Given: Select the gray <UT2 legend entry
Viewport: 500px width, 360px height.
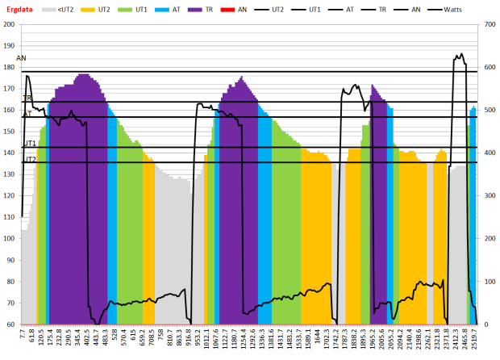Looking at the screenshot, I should [73, 9].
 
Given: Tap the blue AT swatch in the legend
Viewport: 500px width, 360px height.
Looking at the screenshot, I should [160, 9].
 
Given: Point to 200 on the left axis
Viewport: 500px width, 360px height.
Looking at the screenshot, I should [10, 24].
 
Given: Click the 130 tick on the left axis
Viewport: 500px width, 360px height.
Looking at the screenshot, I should [10, 174].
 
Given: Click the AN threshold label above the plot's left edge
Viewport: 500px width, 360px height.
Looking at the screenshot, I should [21, 59].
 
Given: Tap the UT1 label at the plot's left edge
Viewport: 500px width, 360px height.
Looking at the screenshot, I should [29, 143].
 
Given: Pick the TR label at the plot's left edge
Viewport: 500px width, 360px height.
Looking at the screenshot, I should [27, 98].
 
